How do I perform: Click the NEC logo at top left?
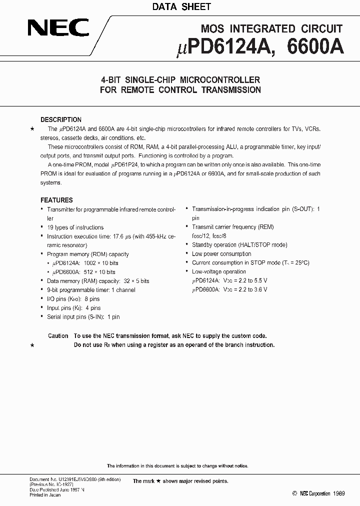[58, 28]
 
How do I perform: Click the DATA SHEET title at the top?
[181, 7]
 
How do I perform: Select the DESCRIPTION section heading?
[61, 120]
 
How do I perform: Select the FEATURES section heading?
[56, 200]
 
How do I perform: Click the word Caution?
[58, 336]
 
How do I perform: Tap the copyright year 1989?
[337, 493]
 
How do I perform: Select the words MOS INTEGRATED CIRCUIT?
[271, 29]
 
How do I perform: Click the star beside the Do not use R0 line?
[32, 345]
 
